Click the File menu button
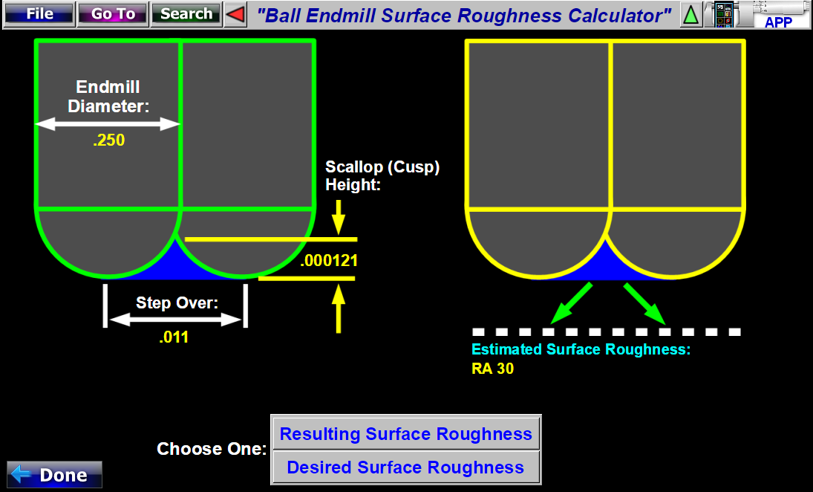pyautogui.click(x=39, y=14)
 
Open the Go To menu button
pyautogui.click(x=113, y=14)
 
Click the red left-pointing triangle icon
pyautogui.click(x=235, y=14)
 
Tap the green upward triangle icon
pyautogui.click(x=690, y=14)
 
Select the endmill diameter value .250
pyautogui.click(x=109, y=140)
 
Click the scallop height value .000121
pyautogui.click(x=330, y=261)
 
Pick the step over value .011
pyautogui.click(x=174, y=337)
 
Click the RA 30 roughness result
pyautogui.click(x=492, y=368)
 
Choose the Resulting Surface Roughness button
pyautogui.click(x=405, y=434)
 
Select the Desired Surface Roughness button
pyautogui.click(x=405, y=467)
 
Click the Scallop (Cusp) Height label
pyautogui.click(x=382, y=175)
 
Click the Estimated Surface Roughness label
pyautogui.click(x=581, y=349)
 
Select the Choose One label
pyautogui.click(x=212, y=449)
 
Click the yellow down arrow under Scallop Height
pyautogui.click(x=339, y=217)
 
